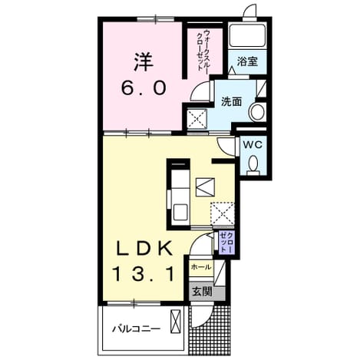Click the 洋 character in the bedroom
pyautogui.click(x=144, y=62)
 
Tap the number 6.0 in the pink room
pyautogui.click(x=144, y=88)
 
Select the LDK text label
pyautogui.click(x=144, y=248)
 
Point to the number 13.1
pyautogui.click(x=144, y=274)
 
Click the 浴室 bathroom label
pyautogui.click(x=247, y=61)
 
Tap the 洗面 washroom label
pyautogui.click(x=232, y=101)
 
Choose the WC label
pyautogui.click(x=253, y=145)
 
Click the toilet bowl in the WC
pyautogui.click(x=253, y=163)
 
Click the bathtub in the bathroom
pyautogui.click(x=247, y=35)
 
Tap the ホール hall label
pyautogui.click(x=201, y=267)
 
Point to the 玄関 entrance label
pyautogui.click(x=202, y=292)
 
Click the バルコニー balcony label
pyautogui.click(x=137, y=329)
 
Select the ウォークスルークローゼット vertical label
pyautogui.click(x=203, y=51)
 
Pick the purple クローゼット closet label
pyautogui.click(x=227, y=242)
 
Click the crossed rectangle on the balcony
pyautogui.click(x=176, y=322)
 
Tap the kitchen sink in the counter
pyautogui.click(x=181, y=213)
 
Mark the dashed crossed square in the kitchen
pyautogui.click(x=223, y=214)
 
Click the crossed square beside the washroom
pyautogui.click(x=197, y=119)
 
